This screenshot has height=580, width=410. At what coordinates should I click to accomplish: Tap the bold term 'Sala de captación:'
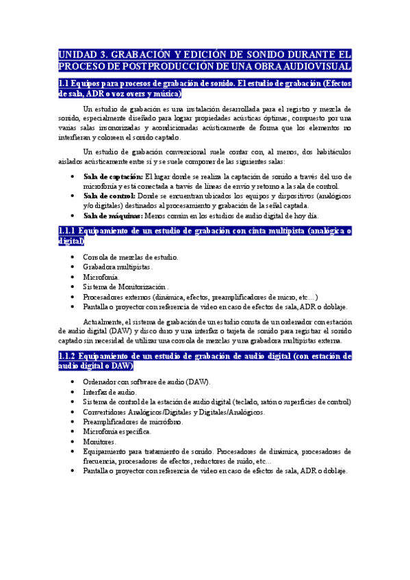pyautogui.click(x=113, y=176)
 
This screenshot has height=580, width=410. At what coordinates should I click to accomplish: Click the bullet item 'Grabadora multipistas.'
pyautogui.click(x=118, y=267)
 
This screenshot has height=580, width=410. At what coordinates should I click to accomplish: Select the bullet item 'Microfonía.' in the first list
pyautogui.click(x=101, y=277)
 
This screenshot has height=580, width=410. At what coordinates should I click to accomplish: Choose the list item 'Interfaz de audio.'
pyautogui.click(x=110, y=392)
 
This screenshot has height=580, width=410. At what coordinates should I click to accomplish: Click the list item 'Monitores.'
pyautogui.click(x=101, y=442)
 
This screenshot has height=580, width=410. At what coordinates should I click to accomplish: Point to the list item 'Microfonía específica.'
pyautogui.click(x=117, y=432)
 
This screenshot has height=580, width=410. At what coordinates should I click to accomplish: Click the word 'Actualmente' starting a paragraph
pyautogui.click(x=103, y=321)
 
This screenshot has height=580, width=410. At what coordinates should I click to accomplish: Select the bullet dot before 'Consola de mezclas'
pyautogui.click(x=73, y=257)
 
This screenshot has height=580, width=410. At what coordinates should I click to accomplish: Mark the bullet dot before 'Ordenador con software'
pyautogui.click(x=73, y=382)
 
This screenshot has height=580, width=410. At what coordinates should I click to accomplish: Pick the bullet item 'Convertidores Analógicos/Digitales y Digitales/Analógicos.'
pyautogui.click(x=174, y=412)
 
